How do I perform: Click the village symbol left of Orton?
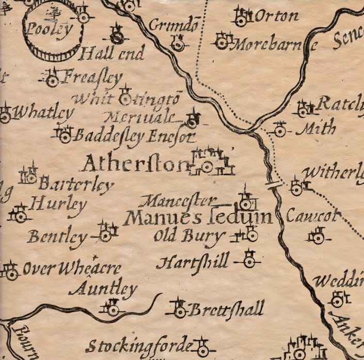click(x=241, y=19)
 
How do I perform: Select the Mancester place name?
click(x=177, y=200)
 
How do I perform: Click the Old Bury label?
click(x=188, y=236)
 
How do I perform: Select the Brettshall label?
click(x=225, y=310)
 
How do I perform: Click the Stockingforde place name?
click(x=139, y=346)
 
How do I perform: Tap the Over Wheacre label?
click(x=72, y=269)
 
